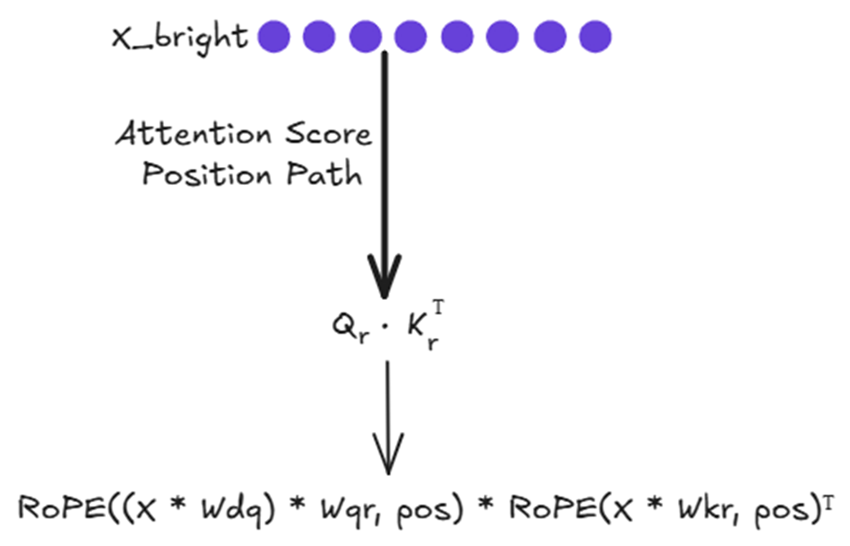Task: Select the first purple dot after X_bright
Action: (274, 37)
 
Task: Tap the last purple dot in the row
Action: (595, 37)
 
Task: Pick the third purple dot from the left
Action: (365, 37)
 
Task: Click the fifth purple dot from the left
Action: (457, 37)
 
